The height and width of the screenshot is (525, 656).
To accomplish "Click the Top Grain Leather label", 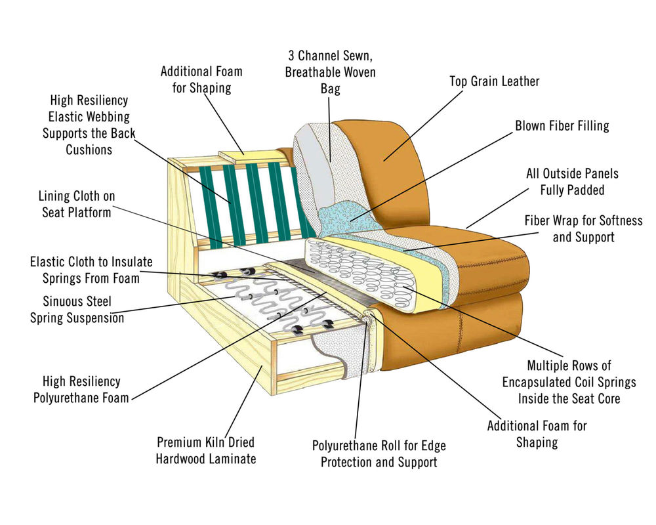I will pyautogui.click(x=494, y=81).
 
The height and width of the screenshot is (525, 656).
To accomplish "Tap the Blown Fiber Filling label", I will pyautogui.click(x=562, y=125).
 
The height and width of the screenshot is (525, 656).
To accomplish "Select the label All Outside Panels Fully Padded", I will pyautogui.click(x=572, y=182).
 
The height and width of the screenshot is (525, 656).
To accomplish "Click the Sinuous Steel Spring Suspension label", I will pyautogui.click(x=77, y=309).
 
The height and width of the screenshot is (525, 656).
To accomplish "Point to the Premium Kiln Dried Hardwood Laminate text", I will pyautogui.click(x=205, y=450).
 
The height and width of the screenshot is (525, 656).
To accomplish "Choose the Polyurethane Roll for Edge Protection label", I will pyautogui.click(x=379, y=453).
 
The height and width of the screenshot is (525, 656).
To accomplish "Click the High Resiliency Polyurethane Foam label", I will pyautogui.click(x=81, y=389).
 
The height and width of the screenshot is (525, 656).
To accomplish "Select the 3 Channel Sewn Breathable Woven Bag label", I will pyautogui.click(x=331, y=72).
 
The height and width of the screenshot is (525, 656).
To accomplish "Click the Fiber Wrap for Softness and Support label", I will pyautogui.click(x=583, y=228).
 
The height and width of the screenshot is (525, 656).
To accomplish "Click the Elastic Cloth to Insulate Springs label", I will pyautogui.click(x=91, y=269).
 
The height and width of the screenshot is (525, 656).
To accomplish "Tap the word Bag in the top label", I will pyautogui.click(x=331, y=89).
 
